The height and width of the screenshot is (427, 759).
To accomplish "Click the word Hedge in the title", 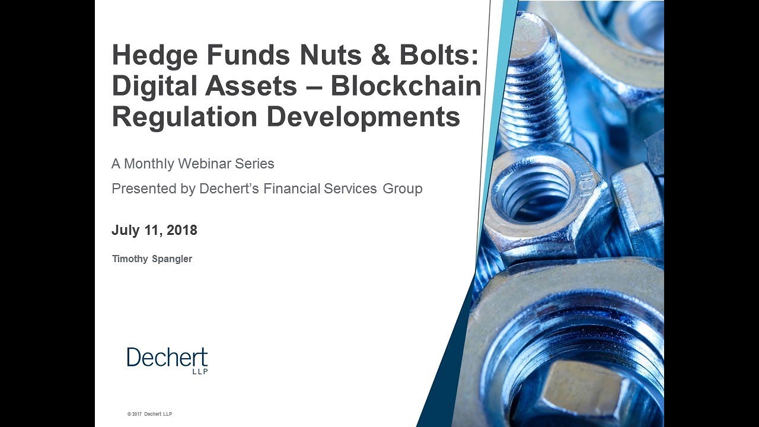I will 155,56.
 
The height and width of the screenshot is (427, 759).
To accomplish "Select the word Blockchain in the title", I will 406,86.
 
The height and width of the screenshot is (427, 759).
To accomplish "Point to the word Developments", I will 363,117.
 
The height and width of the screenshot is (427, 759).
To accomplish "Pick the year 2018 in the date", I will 181,231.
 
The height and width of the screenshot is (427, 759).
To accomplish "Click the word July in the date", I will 125,231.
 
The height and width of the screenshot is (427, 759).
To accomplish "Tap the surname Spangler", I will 171,259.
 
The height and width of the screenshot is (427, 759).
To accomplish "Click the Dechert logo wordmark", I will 167,358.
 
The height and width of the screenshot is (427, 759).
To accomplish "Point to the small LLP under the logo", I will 200,372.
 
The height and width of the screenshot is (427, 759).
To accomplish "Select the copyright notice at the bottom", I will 149,413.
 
